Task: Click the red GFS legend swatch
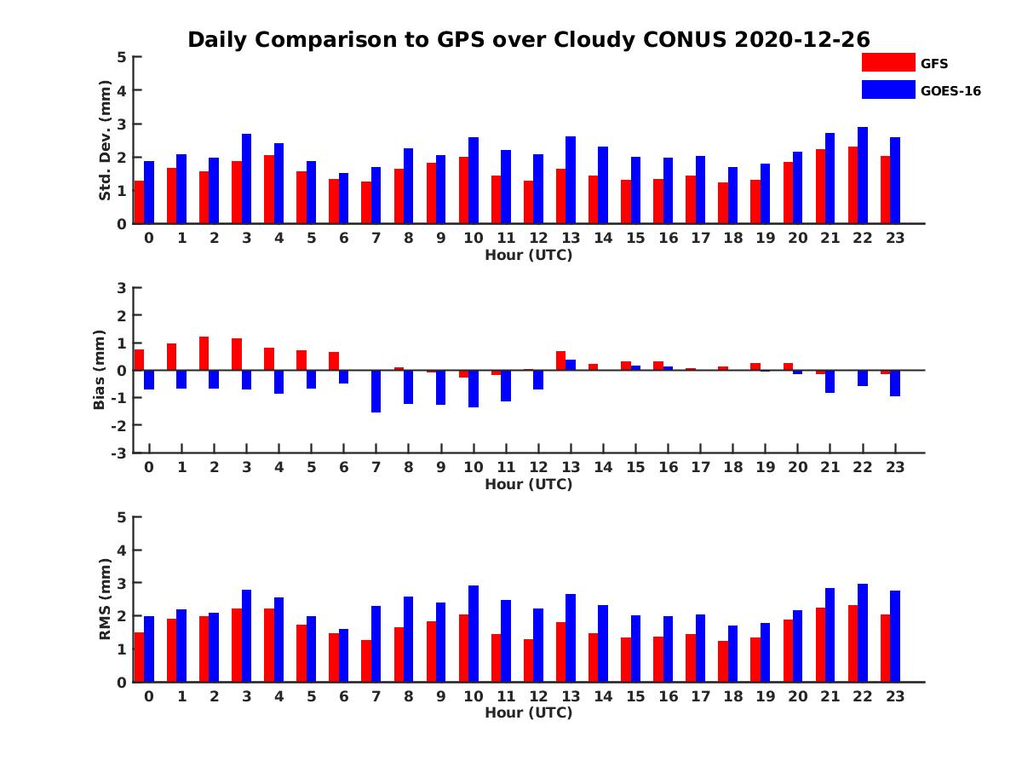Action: point(888,62)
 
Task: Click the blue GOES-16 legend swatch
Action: point(888,89)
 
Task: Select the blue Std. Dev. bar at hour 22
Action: point(863,176)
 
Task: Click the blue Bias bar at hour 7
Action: point(376,391)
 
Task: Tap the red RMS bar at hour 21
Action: point(820,644)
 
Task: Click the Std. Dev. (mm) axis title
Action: point(106,141)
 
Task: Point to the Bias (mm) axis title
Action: point(100,369)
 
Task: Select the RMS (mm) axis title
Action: point(106,599)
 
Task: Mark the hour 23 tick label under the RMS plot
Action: point(894,695)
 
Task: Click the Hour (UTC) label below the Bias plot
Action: point(528,484)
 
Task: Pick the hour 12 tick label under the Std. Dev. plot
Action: point(538,238)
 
